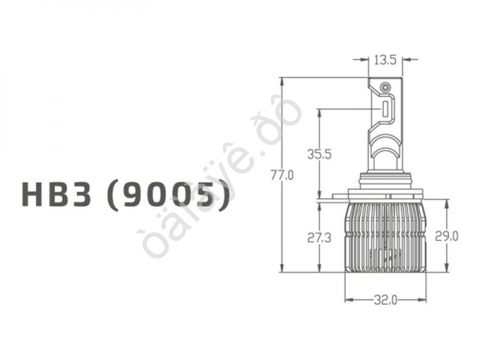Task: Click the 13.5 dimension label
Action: coord(386,58)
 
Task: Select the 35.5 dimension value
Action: coord(318,154)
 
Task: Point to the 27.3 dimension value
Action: coord(318,238)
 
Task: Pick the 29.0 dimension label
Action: coord(446,236)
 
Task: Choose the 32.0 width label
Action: coord(385,300)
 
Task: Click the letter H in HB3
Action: coord(37,196)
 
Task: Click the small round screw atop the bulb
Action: coord(385,86)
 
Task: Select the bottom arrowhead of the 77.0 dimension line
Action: coord(282,270)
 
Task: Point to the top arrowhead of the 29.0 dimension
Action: coord(446,202)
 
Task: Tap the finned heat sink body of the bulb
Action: coord(385,236)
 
